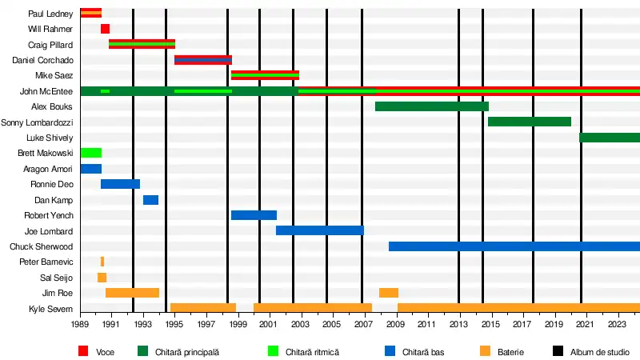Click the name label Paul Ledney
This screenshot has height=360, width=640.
50,14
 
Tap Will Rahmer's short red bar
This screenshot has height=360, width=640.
105,29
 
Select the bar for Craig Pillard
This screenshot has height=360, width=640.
142,44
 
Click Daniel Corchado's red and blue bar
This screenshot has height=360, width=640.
203,60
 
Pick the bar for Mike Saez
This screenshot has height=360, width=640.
265,75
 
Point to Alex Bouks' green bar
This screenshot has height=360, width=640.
431,106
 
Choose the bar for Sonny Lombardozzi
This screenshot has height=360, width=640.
529,122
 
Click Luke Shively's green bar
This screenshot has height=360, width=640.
610,138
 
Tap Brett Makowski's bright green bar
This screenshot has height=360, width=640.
90,153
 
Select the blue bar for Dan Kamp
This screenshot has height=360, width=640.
150,200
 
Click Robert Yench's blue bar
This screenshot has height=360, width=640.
254,215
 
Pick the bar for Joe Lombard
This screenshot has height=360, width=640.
319,230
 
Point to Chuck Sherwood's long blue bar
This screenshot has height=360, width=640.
514,246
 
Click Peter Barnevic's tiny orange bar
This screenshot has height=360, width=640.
102,262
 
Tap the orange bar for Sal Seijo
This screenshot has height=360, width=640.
102,278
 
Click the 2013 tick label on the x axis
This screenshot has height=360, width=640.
458,324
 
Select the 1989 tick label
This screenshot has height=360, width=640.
80,324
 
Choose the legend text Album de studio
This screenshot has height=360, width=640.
600,352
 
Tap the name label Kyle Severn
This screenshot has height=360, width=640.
50,309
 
